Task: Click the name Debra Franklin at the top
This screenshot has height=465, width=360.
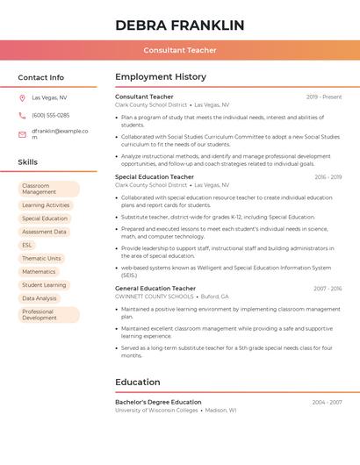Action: coord(179,25)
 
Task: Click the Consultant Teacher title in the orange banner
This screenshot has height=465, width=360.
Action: coord(179,51)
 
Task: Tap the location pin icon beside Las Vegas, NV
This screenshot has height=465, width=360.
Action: coord(22,98)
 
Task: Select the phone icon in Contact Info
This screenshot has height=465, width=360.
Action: coord(22,116)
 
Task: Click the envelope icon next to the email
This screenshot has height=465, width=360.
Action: coord(22,134)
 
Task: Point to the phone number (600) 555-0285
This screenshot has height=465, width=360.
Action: coord(50,116)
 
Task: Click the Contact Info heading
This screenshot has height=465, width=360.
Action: coord(40,77)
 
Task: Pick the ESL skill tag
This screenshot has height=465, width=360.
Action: coord(27,245)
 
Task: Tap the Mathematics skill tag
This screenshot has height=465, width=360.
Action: coord(39,272)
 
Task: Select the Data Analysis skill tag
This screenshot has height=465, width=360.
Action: coord(40,298)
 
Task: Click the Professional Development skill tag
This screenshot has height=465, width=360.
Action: coord(48,315)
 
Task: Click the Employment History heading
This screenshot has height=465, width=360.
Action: coord(161,77)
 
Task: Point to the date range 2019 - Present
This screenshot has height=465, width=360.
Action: coord(324,97)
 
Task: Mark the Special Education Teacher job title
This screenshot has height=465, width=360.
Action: coord(155,177)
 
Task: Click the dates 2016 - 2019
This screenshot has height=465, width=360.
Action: coord(328,177)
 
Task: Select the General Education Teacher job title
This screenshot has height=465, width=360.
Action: coord(155,289)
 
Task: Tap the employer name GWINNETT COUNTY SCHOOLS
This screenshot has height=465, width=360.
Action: coord(154,297)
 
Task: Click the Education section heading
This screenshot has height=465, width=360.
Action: coord(138,383)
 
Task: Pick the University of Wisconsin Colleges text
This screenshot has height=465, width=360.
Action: coord(156,410)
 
